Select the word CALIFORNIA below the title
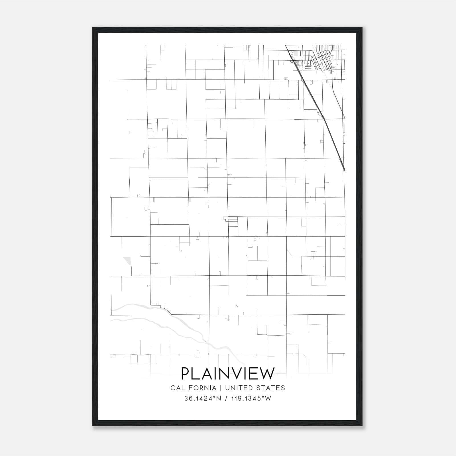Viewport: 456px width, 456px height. pyautogui.click(x=193, y=388)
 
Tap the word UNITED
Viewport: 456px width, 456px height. pyautogui.click(x=239, y=388)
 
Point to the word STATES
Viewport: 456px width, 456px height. pyautogui.click(x=270, y=388)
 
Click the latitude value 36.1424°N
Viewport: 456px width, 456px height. pyautogui.click(x=203, y=398)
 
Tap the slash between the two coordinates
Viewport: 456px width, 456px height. pyautogui.click(x=226, y=398)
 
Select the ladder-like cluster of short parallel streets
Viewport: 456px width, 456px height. pyautogui.click(x=233, y=222)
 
